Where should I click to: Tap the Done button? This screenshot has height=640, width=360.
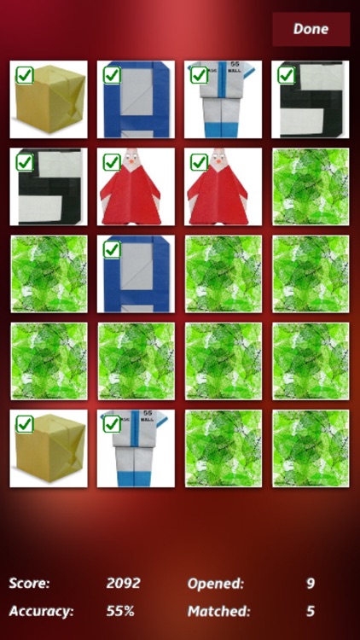(311, 29)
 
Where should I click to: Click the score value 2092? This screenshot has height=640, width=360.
(123, 584)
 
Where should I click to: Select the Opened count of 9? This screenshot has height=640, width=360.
(311, 584)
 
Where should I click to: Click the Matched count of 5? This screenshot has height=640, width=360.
(311, 611)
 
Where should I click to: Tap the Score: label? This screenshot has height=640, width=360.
(30, 584)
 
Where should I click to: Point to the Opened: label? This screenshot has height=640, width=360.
(215, 584)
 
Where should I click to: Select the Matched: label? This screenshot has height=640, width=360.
(218, 611)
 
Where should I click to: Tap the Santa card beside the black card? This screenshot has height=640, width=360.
(136, 187)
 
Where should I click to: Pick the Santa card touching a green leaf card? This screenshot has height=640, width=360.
(223, 187)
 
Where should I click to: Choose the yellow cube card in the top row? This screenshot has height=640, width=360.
(49, 100)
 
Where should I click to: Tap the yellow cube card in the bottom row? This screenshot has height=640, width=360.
(49, 448)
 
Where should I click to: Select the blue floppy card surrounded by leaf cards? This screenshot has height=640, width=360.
(136, 274)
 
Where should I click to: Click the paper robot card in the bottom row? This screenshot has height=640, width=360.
(136, 448)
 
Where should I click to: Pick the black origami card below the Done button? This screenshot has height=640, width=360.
(311, 100)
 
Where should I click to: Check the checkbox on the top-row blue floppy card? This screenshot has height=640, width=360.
(112, 75)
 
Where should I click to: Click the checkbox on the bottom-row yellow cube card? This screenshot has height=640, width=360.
(25, 423)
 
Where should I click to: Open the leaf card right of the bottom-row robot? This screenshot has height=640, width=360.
(223, 448)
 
